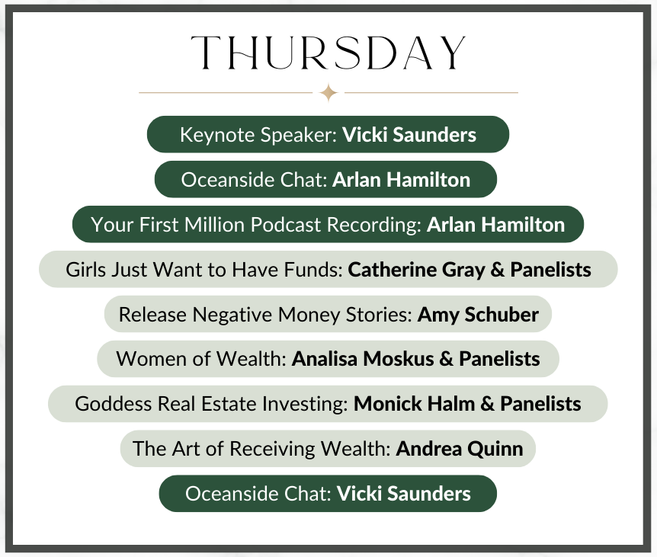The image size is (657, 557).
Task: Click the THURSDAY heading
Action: pyautogui.click(x=328, y=53)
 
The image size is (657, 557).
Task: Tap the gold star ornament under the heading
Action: pyautogui.click(x=328, y=92)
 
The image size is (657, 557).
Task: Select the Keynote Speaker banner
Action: pyautogui.click(x=328, y=134)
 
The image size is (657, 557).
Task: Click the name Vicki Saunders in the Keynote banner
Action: pyautogui.click(x=409, y=134)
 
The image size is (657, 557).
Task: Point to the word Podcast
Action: pyautogui.click(x=286, y=225)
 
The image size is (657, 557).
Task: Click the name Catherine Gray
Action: pyautogui.click(x=416, y=270)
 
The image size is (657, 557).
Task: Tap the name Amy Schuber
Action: pyautogui.click(x=478, y=315)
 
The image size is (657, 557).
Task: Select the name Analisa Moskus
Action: pyautogui.click(x=363, y=359)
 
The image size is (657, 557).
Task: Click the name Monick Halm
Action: pyautogui.click(x=414, y=404)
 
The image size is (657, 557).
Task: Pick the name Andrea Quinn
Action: pyautogui.click(x=460, y=449)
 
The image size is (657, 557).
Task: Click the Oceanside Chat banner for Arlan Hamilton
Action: pyautogui.click(x=325, y=179)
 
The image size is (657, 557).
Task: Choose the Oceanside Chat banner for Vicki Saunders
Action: pyautogui.click(x=328, y=493)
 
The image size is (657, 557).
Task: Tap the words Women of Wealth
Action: pyautogui.click(x=201, y=359)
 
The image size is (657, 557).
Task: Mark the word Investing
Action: pyautogui.click(x=305, y=404)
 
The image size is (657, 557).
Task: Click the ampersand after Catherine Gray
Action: pyautogui.click(x=498, y=270)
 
